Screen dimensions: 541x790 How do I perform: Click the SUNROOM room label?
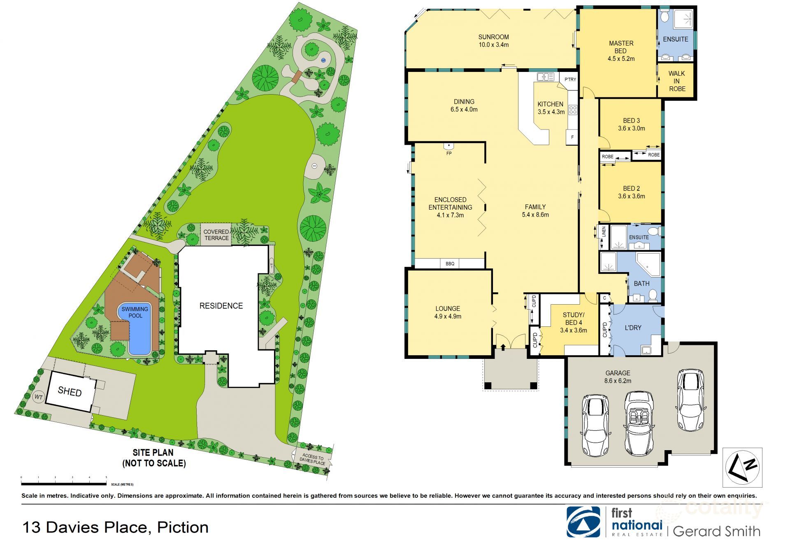(493, 37)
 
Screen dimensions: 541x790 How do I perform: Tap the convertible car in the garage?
(639, 423)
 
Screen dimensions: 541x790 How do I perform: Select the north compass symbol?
(743, 467)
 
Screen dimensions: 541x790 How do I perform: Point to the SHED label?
(70, 391)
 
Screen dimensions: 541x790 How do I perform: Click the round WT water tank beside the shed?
(39, 397)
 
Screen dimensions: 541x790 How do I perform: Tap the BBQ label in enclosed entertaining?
(450, 264)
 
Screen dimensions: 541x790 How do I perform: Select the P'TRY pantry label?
(570, 79)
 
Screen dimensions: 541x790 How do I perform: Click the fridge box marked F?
(572, 137)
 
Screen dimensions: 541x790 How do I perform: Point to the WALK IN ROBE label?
(677, 81)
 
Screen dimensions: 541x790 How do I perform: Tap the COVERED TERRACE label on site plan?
(216, 235)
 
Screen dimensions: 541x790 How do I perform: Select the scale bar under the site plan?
(64, 484)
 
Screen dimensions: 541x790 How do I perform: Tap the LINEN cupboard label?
(604, 231)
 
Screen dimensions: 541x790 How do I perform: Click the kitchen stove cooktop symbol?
(573, 110)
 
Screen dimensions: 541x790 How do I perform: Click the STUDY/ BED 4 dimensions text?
(573, 330)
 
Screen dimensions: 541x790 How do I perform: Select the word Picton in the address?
(183, 527)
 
